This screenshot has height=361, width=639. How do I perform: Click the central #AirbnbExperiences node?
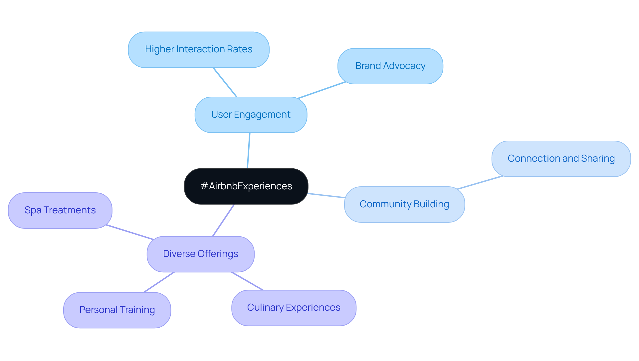point(246,186)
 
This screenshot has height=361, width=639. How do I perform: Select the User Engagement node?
point(251,115)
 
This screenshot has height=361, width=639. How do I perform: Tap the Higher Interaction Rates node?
point(199,50)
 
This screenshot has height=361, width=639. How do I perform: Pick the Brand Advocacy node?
point(390,66)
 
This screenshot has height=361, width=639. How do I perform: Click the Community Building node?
point(404,204)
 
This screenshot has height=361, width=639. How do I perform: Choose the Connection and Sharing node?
point(561,159)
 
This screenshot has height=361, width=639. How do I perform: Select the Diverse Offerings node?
point(200,254)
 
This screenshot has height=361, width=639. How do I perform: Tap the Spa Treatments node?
point(60,210)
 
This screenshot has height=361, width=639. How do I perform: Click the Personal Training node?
point(117,310)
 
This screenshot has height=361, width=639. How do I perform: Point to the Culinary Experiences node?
point(294,308)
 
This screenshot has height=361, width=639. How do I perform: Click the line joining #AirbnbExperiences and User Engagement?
point(249,151)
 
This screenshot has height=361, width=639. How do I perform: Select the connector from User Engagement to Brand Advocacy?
point(322,90)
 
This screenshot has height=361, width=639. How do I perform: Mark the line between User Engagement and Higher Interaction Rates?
point(225,82)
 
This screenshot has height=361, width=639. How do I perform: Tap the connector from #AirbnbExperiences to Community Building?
point(326,195)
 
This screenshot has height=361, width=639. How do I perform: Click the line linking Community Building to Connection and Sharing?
point(480,182)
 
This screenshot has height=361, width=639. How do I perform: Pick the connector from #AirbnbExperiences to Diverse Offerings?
point(224,220)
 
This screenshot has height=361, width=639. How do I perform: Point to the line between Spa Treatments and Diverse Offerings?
point(130,232)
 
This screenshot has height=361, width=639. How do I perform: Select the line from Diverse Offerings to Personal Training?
point(159,282)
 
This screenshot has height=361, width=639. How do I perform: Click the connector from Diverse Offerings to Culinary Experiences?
point(247,281)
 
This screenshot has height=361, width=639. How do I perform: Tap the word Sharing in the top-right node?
point(598,159)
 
